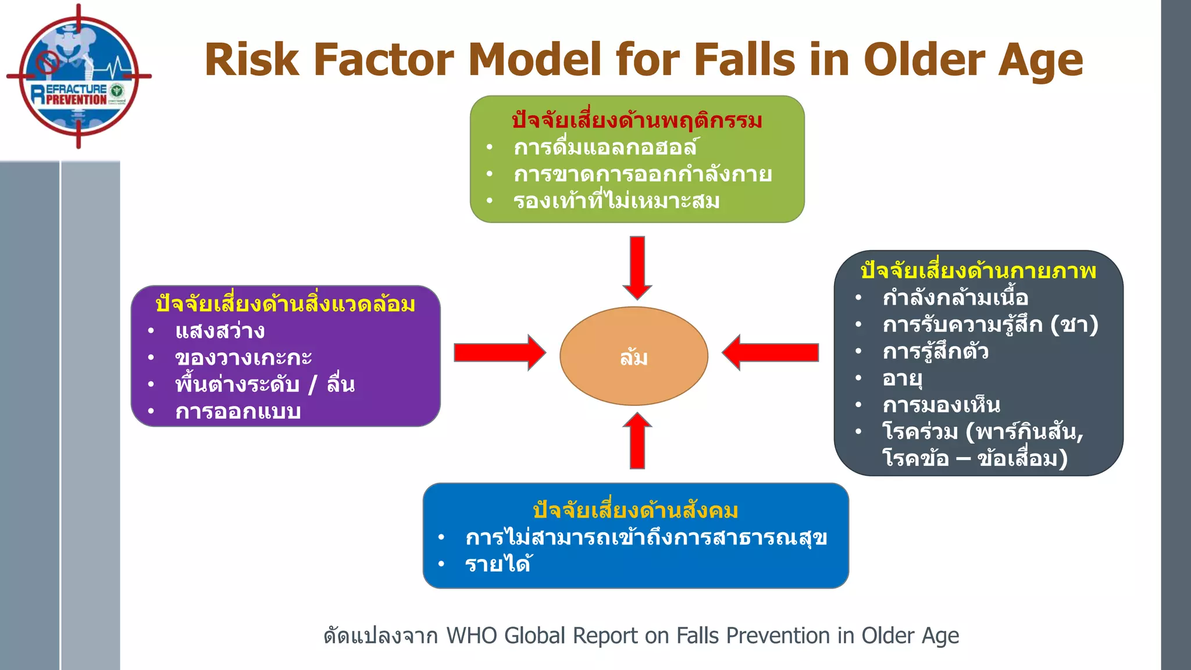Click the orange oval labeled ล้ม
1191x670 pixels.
pos(634,356)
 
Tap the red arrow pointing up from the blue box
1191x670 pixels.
pos(637,442)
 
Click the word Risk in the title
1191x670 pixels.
pos(251,60)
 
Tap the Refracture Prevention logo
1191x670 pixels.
pos(79,76)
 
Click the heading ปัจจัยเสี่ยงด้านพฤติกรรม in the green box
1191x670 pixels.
pos(637,120)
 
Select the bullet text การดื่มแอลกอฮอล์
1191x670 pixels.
pos(605,148)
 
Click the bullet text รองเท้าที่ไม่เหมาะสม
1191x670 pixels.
pos(616,201)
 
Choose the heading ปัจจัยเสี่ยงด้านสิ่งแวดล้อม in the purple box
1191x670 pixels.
pos(286,304)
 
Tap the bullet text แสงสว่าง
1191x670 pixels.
pos(220,332)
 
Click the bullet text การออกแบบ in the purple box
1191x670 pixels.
pos(238,412)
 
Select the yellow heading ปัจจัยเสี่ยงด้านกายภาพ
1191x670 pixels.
pos(978,271)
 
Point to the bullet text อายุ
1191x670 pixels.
pos(902,379)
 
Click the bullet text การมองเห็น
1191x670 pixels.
pos(941,405)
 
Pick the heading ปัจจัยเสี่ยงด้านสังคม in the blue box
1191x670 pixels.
pos(636,511)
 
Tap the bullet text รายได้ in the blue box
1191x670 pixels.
pos(498,564)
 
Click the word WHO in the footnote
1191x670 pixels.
pos(471,636)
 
